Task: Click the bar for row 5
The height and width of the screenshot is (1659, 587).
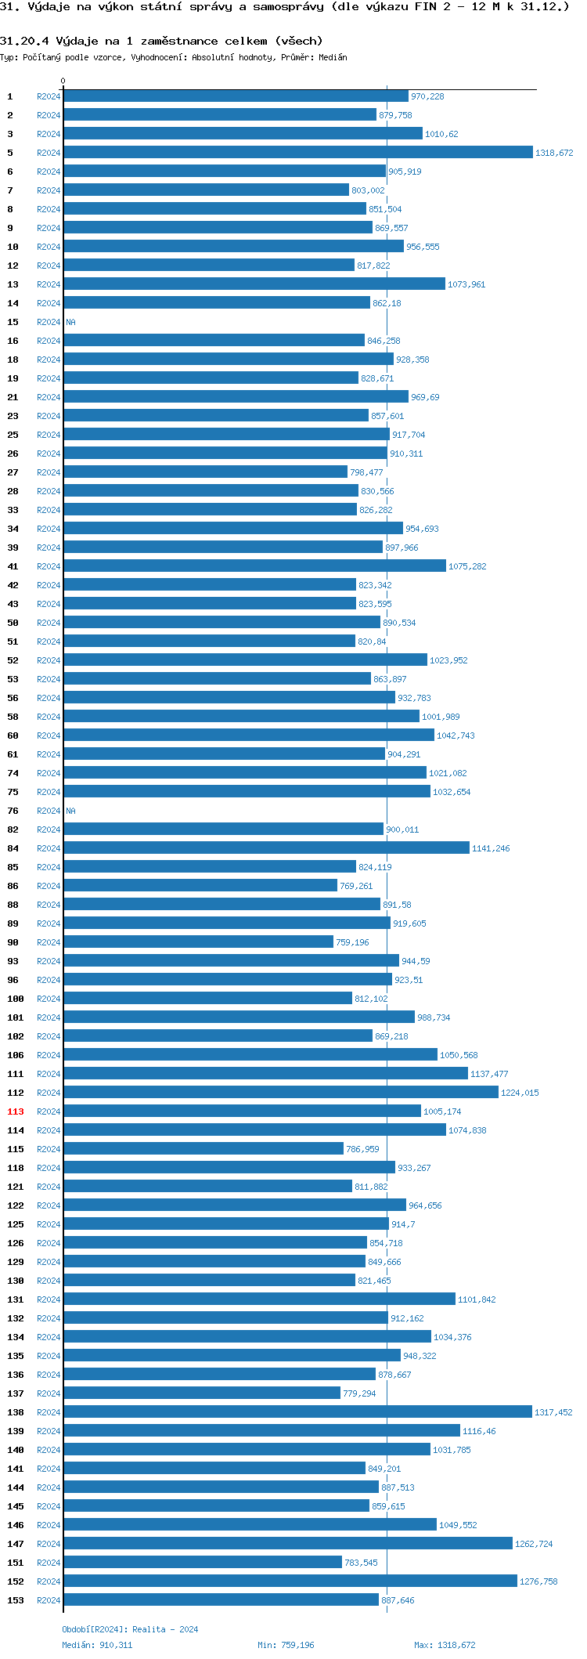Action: click(x=297, y=153)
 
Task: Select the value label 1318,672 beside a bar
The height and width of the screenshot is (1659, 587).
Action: click(x=554, y=153)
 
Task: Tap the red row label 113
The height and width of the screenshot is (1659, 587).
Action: click(x=16, y=1111)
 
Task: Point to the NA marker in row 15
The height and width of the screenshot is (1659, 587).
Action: click(x=70, y=322)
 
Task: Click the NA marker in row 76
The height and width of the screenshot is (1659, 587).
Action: click(x=70, y=811)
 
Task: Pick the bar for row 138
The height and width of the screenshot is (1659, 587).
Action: click(x=297, y=1412)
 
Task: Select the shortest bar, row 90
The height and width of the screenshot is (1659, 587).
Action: click(x=198, y=942)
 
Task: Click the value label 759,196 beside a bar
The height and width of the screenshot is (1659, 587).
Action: click(x=352, y=942)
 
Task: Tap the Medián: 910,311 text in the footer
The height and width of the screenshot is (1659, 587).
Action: click(x=97, y=1645)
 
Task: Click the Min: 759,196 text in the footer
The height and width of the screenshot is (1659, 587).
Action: click(x=286, y=1645)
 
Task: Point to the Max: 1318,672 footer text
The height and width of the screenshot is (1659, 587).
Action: click(x=445, y=1645)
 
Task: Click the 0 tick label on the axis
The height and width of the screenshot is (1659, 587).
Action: click(x=63, y=81)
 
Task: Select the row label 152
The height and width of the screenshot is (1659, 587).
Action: click(x=16, y=1581)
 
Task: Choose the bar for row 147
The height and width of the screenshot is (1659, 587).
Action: click(x=288, y=1544)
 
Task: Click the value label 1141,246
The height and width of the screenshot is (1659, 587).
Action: click(x=491, y=848)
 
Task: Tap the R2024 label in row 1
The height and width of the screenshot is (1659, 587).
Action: click(x=49, y=96)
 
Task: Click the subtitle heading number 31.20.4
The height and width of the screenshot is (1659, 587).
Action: click(x=24, y=41)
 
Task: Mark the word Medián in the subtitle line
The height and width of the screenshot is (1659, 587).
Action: click(x=333, y=57)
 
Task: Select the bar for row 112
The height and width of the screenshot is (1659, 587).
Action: click(x=281, y=1093)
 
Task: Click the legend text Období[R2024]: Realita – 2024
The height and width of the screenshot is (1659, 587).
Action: click(x=130, y=1629)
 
